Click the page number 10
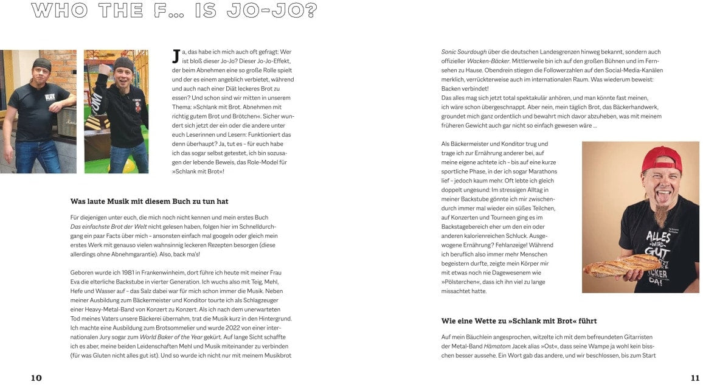[x=36, y=378]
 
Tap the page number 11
[x=695, y=378]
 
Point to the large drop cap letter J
[x=176, y=56]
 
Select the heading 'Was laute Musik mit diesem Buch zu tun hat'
[x=150, y=201]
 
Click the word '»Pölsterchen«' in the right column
[x=463, y=282]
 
